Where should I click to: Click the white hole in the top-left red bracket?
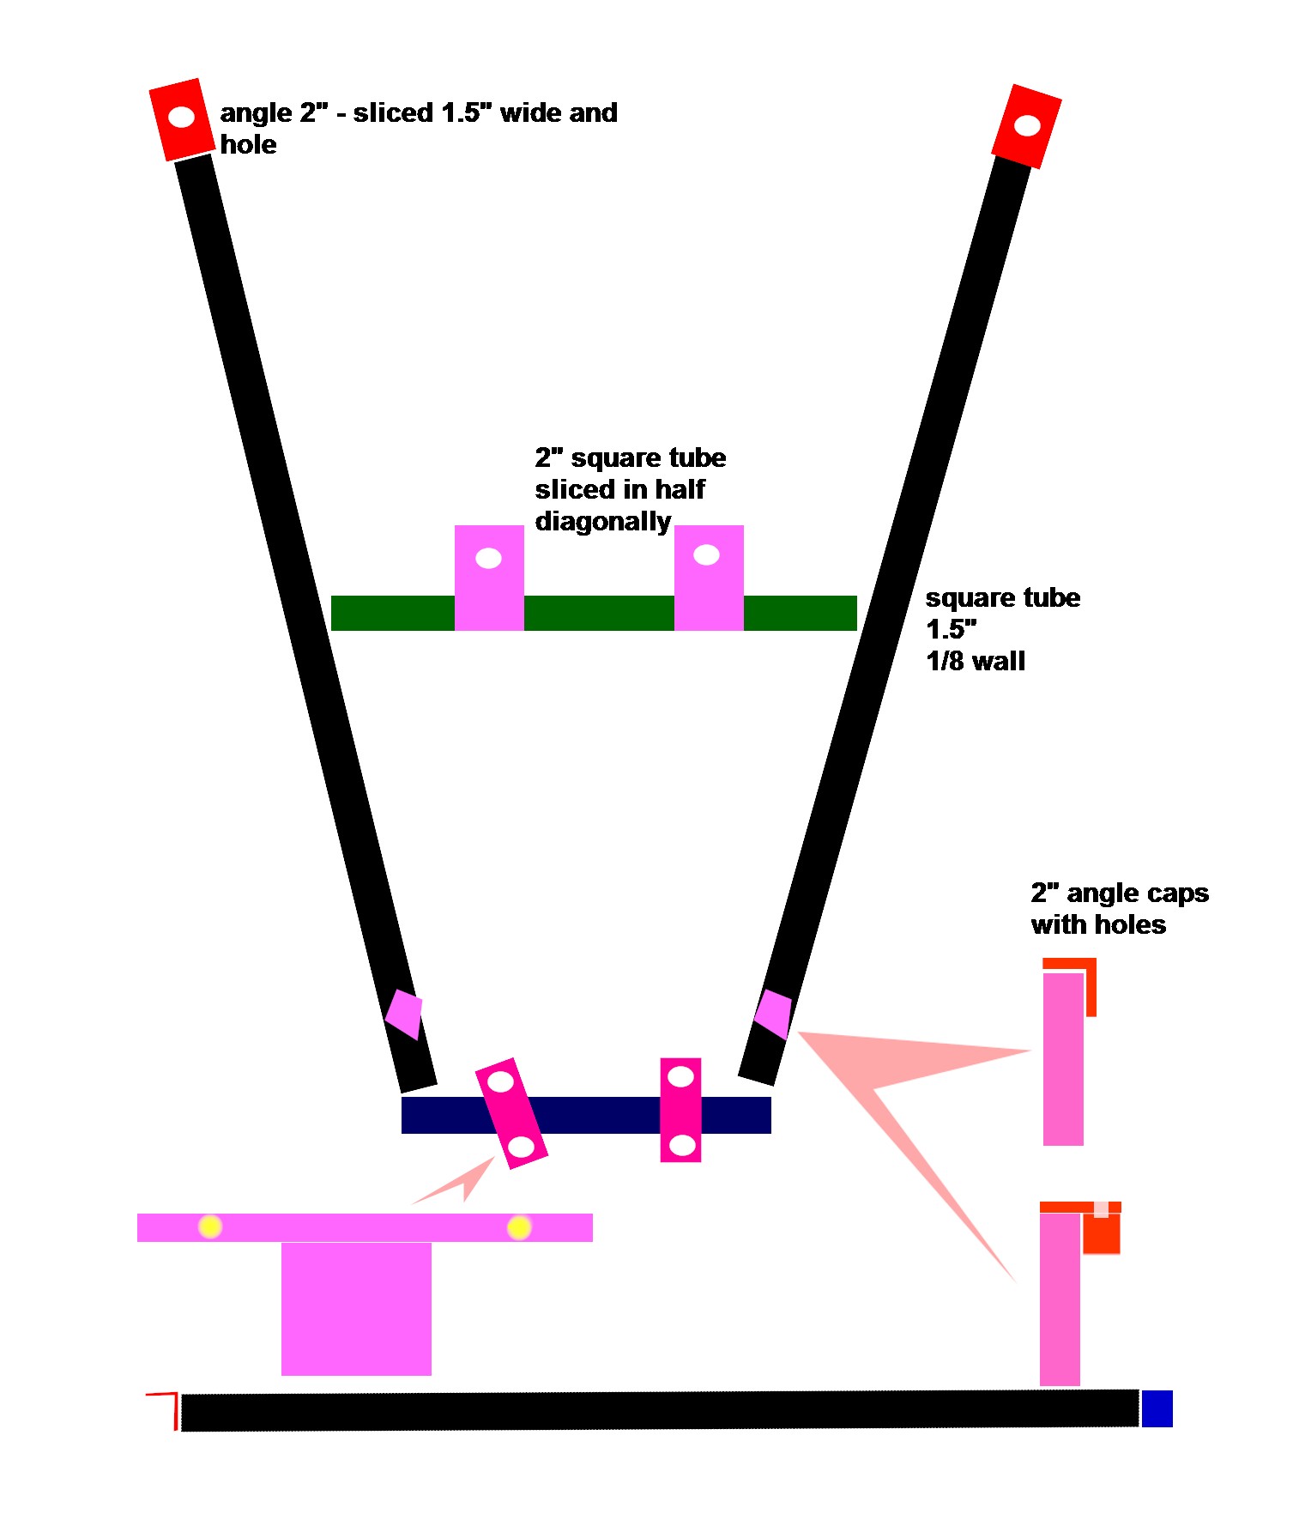pos(181,117)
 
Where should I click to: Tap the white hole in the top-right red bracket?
pos(1027,126)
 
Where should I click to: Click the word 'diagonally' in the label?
pos(602,522)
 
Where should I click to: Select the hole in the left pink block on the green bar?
pos(488,559)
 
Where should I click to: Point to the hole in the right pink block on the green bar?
pos(706,555)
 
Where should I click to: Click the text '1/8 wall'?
pos(976,662)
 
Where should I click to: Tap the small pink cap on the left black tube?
pos(404,1014)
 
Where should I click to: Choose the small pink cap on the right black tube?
pos(773,1014)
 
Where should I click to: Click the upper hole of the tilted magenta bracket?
pos(501,1081)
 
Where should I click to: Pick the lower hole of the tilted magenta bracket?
pos(521,1146)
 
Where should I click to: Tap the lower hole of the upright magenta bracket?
pos(681,1144)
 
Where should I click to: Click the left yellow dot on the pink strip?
pos(210,1226)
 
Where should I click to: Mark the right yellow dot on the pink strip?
pos(519,1227)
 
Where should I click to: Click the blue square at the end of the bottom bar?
pos(1157,1408)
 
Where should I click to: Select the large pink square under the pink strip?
pos(356,1308)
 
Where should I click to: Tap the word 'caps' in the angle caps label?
pos(1175,894)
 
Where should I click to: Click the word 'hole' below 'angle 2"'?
pos(248,145)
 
